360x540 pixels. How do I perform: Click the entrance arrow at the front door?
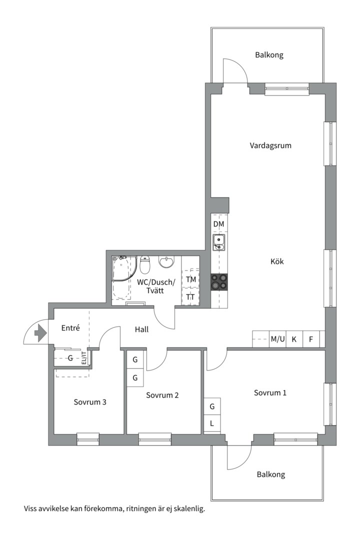(x=40, y=333)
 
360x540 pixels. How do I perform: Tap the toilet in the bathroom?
(x=145, y=264)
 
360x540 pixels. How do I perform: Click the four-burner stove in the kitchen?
(x=219, y=281)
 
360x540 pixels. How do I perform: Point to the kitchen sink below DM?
(x=219, y=242)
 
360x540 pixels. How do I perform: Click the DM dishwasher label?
(x=219, y=224)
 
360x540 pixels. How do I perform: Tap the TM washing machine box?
(x=190, y=279)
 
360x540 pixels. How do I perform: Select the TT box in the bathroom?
(x=190, y=297)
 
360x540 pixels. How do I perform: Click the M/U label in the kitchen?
(x=277, y=339)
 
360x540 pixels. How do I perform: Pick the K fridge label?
(x=294, y=339)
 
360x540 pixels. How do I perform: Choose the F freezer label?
(x=311, y=339)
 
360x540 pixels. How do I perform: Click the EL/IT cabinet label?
(x=84, y=358)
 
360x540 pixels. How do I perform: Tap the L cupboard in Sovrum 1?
(x=212, y=423)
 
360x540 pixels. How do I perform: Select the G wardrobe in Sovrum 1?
(x=212, y=406)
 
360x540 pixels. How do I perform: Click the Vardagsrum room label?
(x=270, y=145)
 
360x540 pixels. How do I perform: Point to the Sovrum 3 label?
(x=90, y=402)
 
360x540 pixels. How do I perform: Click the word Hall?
(x=141, y=329)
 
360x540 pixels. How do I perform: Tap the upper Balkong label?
(x=269, y=55)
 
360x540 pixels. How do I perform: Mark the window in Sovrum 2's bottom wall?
(x=155, y=439)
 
